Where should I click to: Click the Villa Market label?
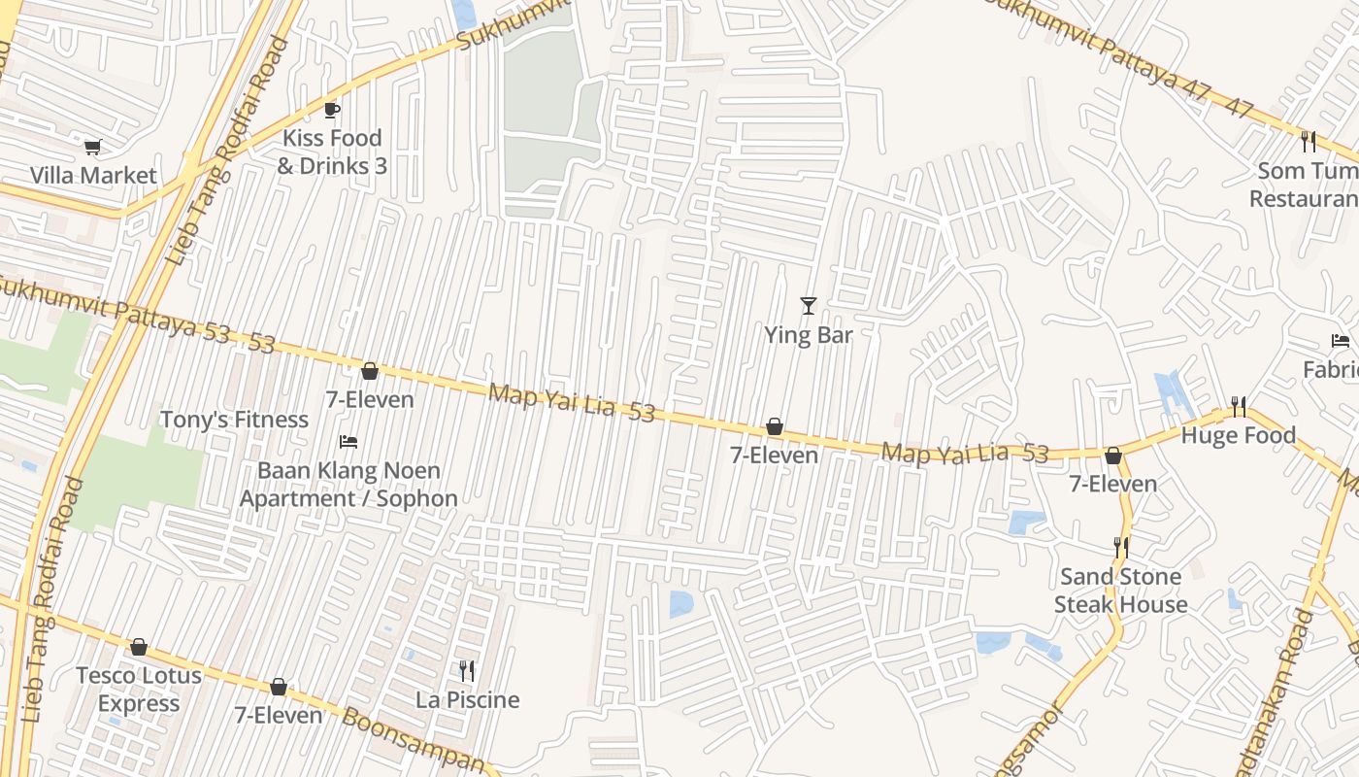93,176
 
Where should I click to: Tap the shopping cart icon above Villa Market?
92,147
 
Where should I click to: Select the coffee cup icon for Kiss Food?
331,110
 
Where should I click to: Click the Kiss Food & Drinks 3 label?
332,152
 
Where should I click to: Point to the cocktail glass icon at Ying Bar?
808,306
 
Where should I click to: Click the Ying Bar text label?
808,335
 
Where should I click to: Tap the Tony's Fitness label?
234,420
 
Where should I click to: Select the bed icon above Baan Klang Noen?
348,442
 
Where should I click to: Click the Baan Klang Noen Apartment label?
348,485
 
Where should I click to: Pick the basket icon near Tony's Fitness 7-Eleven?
369,371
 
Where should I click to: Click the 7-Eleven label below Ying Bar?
774,455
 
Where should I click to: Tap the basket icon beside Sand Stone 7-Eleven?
1113,456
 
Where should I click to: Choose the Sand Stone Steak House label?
1120,591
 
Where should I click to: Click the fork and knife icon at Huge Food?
1238,406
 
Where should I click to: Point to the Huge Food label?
1238,435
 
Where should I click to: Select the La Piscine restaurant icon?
467,670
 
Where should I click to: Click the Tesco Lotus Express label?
139,689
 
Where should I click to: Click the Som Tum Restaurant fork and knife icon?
1309,142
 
